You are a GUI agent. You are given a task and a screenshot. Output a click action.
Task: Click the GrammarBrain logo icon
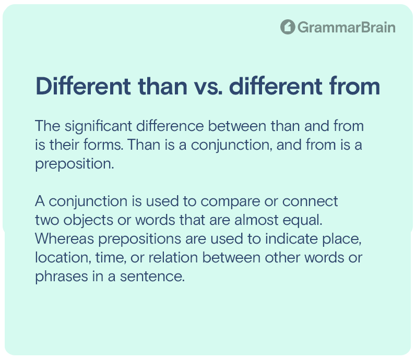coord(288,27)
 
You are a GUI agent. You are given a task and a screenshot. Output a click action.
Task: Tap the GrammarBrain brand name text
coord(347,27)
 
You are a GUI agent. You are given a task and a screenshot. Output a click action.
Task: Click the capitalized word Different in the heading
coord(83,86)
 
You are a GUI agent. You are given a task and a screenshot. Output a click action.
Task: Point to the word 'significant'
coord(98,127)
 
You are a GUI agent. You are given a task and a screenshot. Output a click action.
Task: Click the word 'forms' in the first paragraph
coord(103,145)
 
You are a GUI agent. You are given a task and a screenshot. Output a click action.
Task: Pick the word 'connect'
coord(310,201)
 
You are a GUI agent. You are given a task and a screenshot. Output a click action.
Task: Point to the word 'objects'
coord(88,221)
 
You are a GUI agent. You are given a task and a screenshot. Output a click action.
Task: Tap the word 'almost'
coord(256,220)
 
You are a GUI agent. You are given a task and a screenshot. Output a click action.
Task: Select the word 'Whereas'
coord(65,239)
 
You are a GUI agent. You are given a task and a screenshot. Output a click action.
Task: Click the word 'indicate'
coord(291,239)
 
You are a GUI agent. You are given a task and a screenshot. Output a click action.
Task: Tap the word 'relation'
coord(173,258)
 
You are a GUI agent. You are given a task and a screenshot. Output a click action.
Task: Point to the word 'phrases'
coord(62,277)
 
